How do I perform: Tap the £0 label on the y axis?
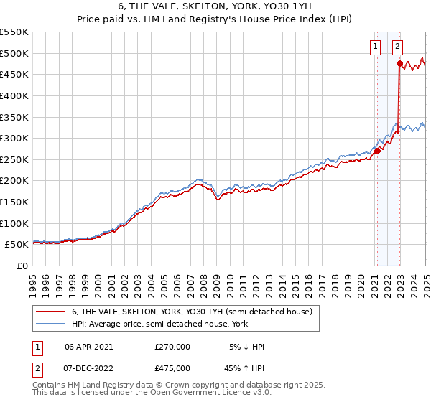click(22, 266)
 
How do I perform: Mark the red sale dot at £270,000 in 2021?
click(377, 151)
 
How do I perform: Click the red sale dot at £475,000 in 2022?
click(399, 64)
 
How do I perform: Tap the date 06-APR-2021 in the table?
click(89, 347)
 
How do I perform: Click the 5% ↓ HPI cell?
click(246, 347)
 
